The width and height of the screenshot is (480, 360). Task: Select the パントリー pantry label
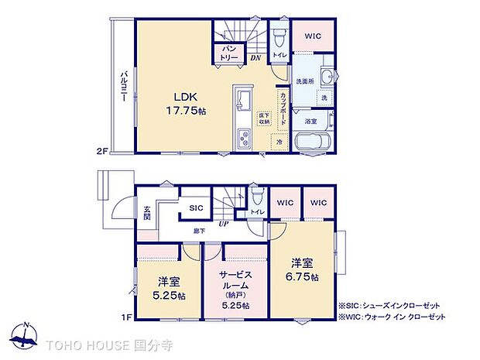pyautogui.click(x=229, y=53)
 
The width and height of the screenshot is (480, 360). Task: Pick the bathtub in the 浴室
pyautogui.click(x=314, y=142)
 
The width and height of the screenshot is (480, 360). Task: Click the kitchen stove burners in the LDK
pyautogui.click(x=242, y=140)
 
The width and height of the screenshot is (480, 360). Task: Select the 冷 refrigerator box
pyautogui.click(x=279, y=142)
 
